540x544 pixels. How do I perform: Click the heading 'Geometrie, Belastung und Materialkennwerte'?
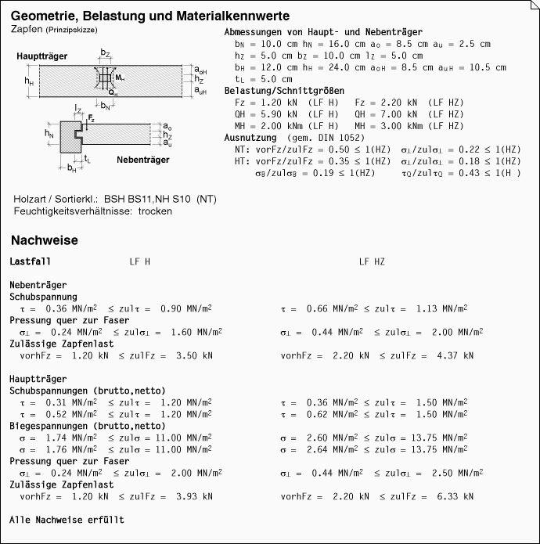pos(151,16)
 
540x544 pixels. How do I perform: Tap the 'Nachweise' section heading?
pos(45,240)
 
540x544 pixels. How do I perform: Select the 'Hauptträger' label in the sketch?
pos(41,57)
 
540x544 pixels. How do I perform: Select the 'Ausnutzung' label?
pos(250,137)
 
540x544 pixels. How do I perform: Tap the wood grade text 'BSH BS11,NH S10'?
pos(148,199)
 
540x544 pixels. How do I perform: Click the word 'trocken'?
pos(155,211)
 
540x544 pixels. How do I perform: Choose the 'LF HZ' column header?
pos(372,261)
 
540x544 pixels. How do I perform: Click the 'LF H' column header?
pos(140,261)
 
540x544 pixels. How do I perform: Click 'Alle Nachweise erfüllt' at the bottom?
pos(67,520)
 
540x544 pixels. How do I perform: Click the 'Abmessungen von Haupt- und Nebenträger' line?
pos(323,33)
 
